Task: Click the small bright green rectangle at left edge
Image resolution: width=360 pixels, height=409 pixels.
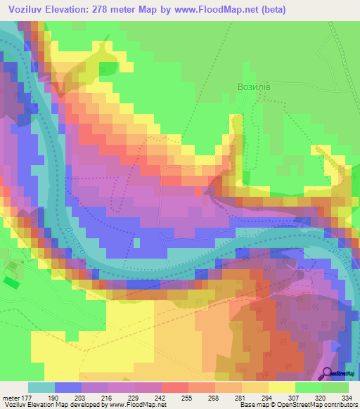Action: pos(11,282)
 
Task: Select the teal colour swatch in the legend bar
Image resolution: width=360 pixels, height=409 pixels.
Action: pos(41,387)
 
